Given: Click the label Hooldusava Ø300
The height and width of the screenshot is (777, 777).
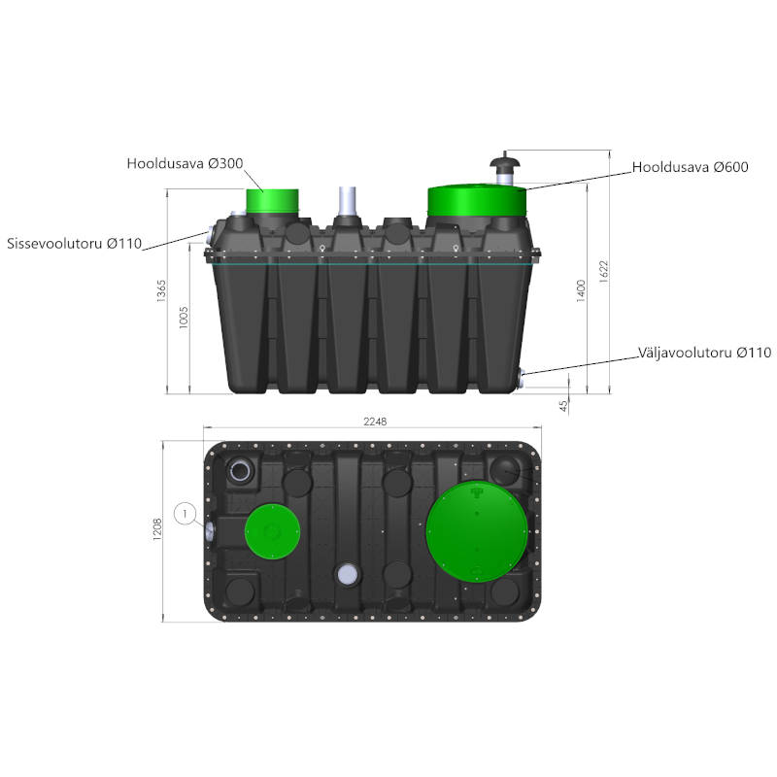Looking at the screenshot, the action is coord(185,163).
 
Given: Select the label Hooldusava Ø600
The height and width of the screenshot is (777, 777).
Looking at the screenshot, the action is coord(690,167).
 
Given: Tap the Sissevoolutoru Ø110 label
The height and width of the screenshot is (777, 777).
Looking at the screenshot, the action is coord(75,244).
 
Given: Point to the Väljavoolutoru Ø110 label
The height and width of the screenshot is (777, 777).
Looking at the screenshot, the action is coord(704,353).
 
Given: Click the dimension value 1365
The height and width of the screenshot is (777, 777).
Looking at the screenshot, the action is coord(161,290).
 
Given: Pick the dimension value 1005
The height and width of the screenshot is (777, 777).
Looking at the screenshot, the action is coord(184,318).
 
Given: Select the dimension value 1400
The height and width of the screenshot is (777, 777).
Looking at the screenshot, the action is coord(581,290).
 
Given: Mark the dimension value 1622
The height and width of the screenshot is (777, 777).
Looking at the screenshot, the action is coord(603,272).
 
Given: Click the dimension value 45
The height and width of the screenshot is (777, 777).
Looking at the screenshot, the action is coord(563,406).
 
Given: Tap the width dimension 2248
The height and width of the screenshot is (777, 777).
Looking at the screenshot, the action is coord(375,422).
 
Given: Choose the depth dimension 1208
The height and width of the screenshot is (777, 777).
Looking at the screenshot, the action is coord(157,529).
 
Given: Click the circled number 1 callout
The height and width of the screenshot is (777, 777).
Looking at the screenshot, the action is coord(186,514).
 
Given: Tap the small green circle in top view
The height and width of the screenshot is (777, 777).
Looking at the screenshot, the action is coord(273,531).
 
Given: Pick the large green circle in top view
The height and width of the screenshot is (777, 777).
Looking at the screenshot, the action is coord(477,530).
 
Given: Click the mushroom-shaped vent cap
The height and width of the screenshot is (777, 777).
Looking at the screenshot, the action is coord(504,162).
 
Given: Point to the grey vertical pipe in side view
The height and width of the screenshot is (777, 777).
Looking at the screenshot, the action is coord(348,201).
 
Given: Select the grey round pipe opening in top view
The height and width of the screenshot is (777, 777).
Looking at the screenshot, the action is coord(348,574).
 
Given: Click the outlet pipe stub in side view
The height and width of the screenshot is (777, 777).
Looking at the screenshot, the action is coord(522,379).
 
